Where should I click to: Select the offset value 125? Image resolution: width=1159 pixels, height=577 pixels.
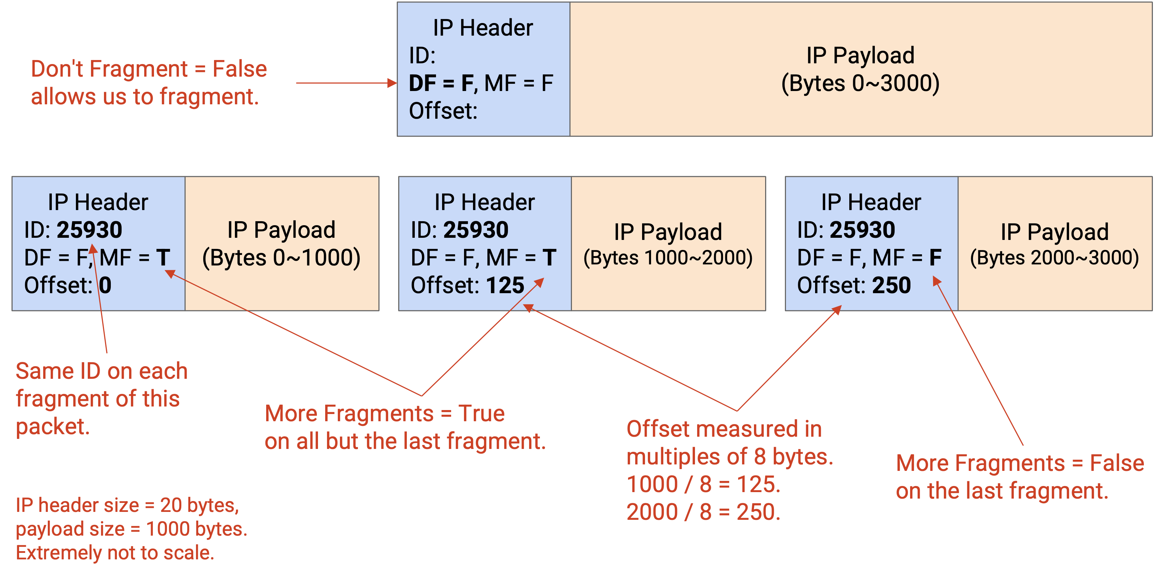(505, 285)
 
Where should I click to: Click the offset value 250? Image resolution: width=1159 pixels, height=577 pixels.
(891, 285)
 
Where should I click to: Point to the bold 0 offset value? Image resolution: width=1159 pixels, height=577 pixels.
(105, 285)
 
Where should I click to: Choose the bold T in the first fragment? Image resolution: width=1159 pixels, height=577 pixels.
(163, 258)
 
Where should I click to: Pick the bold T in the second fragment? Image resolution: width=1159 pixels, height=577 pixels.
(549, 258)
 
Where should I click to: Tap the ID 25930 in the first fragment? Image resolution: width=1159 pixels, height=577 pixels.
(90, 230)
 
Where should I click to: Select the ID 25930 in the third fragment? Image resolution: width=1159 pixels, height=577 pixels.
(863, 230)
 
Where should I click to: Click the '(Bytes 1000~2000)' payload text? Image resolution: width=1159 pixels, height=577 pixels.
(668, 258)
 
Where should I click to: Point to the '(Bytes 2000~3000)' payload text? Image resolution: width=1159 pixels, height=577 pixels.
(1055, 258)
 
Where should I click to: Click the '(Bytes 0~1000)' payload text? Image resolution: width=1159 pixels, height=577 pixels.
(282, 258)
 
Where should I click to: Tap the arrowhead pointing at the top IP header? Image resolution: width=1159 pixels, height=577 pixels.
(392, 83)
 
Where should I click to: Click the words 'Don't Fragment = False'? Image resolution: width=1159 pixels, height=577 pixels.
(149, 69)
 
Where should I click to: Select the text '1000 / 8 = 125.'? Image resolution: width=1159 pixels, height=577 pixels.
(704, 485)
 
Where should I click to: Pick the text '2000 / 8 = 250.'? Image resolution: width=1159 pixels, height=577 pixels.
(704, 512)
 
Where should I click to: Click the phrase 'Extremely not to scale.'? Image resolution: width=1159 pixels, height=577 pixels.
(115, 553)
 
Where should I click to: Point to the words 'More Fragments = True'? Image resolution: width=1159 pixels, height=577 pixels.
(385, 414)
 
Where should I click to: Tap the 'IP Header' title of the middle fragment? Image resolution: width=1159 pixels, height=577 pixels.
(485, 202)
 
